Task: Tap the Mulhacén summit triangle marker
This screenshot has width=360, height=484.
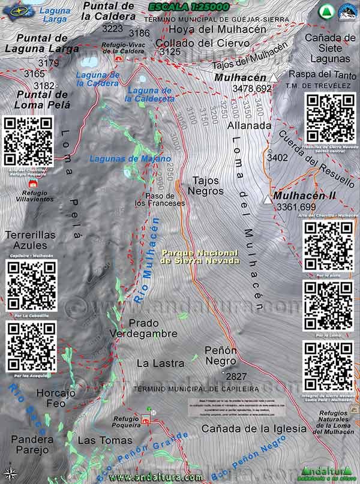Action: pyautogui.click(x=274, y=78)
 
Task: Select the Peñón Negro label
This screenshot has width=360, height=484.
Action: pyautogui.click(x=221, y=355)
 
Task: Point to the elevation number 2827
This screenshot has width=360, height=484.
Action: pyautogui.click(x=235, y=376)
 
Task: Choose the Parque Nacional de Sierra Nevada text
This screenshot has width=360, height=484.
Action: pyautogui.click(x=199, y=257)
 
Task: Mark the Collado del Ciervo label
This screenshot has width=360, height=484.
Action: pyautogui.click(x=194, y=43)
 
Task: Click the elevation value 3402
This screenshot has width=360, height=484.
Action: pyautogui.click(x=278, y=158)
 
